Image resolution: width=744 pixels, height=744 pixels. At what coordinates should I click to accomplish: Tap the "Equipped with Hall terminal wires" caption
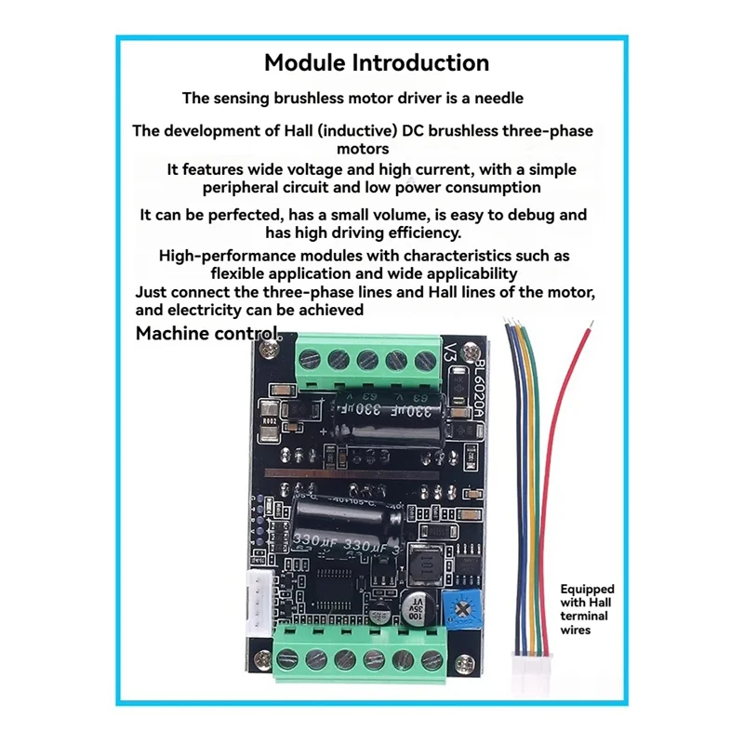point(587,609)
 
